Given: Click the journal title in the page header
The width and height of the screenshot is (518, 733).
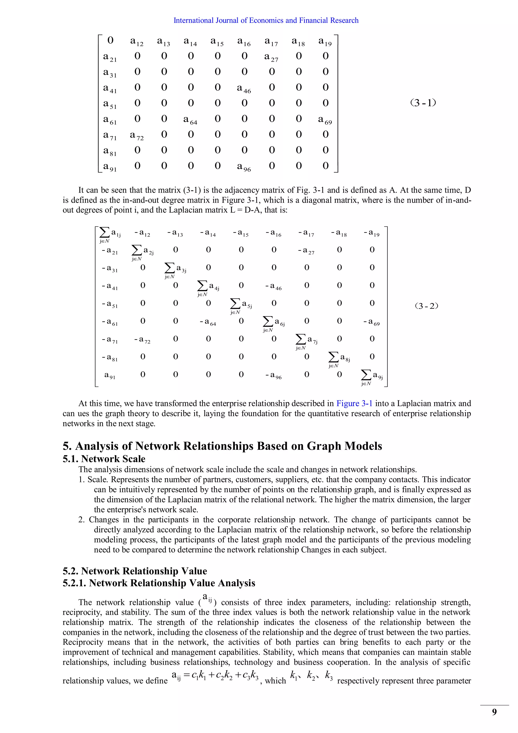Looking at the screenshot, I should click(x=266, y=21).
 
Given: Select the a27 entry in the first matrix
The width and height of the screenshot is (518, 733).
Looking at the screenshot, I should click(x=271, y=57).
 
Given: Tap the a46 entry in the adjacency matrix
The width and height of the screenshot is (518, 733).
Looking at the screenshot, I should click(x=244, y=88).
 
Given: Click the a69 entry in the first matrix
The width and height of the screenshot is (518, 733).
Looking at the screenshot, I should click(x=325, y=120).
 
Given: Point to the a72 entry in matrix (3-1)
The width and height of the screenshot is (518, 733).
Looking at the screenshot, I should click(x=137, y=136).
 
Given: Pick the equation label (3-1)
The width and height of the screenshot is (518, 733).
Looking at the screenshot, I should click(x=423, y=103).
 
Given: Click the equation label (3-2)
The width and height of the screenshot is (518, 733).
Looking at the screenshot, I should click(x=426, y=306).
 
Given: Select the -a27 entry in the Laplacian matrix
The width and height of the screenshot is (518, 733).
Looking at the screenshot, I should click(x=306, y=251).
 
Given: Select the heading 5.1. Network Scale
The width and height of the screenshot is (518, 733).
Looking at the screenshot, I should click(x=104, y=459).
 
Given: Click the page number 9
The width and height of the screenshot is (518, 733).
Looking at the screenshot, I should click(x=494, y=712).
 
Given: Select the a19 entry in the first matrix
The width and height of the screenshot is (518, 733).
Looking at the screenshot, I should click(x=325, y=42).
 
